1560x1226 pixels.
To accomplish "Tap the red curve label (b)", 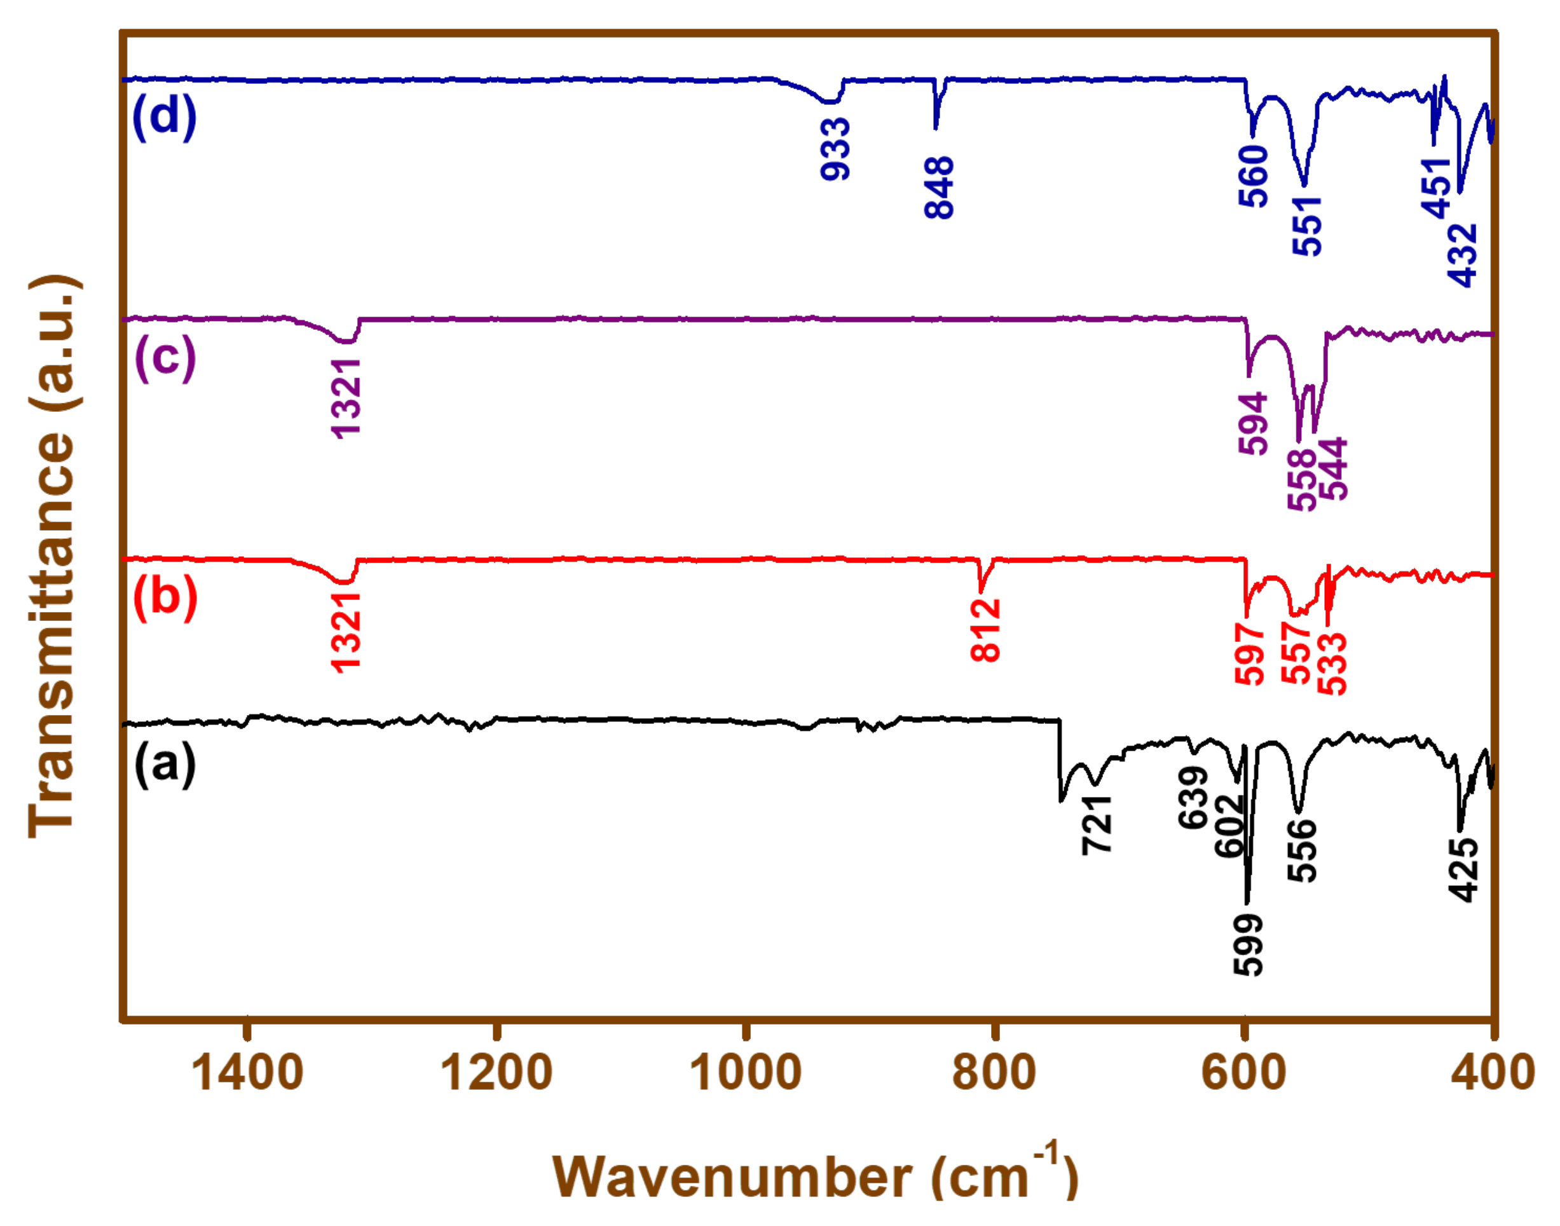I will point(165,597).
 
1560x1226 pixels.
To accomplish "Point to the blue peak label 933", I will point(835,150).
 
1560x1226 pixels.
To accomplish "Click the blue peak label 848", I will point(939,188).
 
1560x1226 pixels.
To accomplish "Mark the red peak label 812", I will point(985,630).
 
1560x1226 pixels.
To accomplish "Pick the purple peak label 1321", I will point(345,398).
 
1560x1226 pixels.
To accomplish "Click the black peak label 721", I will point(1097,825).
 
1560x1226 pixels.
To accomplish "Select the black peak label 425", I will point(1463,870).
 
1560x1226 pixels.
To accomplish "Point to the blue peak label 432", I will point(1461,255).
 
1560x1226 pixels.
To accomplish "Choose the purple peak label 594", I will point(1253,424).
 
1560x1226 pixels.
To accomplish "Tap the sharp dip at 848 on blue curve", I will point(935,126).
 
